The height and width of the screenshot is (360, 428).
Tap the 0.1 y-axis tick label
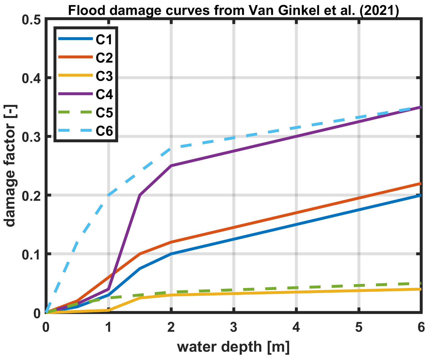click(x=31, y=254)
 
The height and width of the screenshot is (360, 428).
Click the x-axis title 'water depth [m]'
click(x=233, y=347)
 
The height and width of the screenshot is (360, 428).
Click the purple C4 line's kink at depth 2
click(x=171, y=166)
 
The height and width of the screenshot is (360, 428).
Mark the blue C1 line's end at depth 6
click(x=420, y=195)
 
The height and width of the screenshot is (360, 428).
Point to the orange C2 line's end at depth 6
click(x=420, y=184)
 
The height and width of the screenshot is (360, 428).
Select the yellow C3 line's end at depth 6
click(x=420, y=289)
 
